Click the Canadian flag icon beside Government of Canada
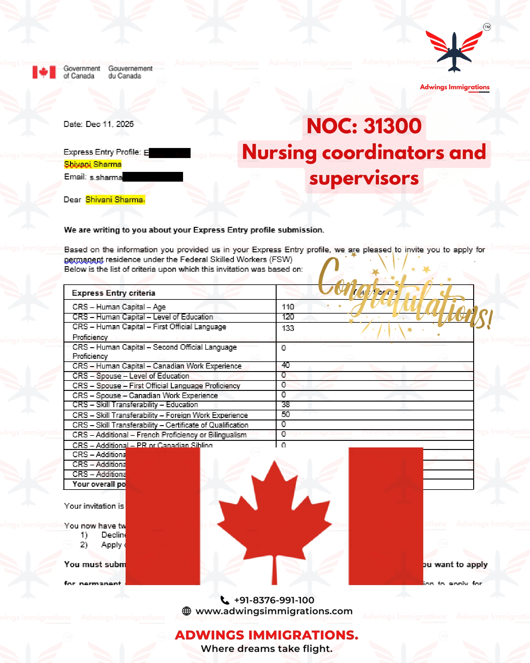[x=44, y=72]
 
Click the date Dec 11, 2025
[x=110, y=124]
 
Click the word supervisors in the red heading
[x=364, y=178]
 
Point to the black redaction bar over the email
[x=153, y=177]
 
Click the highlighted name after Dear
[x=115, y=200]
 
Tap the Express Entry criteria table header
[x=114, y=293]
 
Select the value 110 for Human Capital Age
[x=288, y=307]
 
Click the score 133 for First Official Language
[x=288, y=328]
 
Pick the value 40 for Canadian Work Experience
[x=286, y=365]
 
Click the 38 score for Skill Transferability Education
[x=286, y=404]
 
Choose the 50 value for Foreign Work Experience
[x=286, y=414]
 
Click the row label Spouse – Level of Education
[x=131, y=376]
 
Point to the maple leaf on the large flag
[x=274, y=515]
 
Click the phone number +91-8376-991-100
[x=274, y=600]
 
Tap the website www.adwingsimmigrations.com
[x=274, y=611]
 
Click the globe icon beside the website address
[x=187, y=611]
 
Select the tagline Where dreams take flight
[x=267, y=649]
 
